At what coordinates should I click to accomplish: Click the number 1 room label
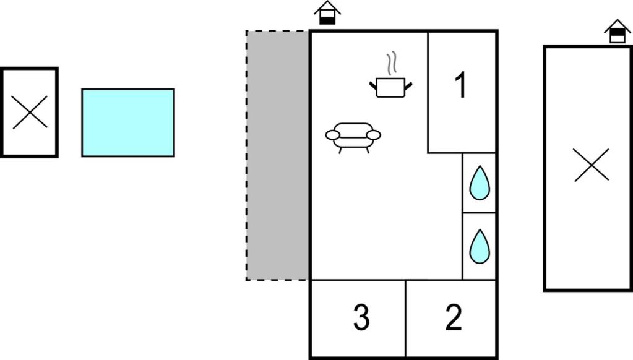point(460,85)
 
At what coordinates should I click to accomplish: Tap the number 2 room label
point(454,318)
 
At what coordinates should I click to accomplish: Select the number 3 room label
point(361,318)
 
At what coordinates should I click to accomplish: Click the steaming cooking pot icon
point(390,87)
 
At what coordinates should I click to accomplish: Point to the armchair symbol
point(353,137)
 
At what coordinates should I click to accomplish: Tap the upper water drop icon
point(479,183)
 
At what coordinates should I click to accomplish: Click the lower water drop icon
point(479,246)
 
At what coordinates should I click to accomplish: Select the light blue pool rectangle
point(128,122)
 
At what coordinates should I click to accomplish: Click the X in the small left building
point(30,113)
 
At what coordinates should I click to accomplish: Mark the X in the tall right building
point(591,166)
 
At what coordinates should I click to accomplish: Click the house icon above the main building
point(327,12)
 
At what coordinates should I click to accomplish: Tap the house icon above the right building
point(617,31)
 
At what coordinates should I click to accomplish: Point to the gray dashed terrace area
point(278,155)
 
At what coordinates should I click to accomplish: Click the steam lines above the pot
point(390,64)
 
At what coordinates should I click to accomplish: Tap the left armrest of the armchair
point(332,134)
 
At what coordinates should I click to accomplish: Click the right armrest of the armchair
point(373,134)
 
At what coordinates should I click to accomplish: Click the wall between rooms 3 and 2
point(406,318)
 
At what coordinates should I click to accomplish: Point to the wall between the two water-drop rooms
point(479,213)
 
